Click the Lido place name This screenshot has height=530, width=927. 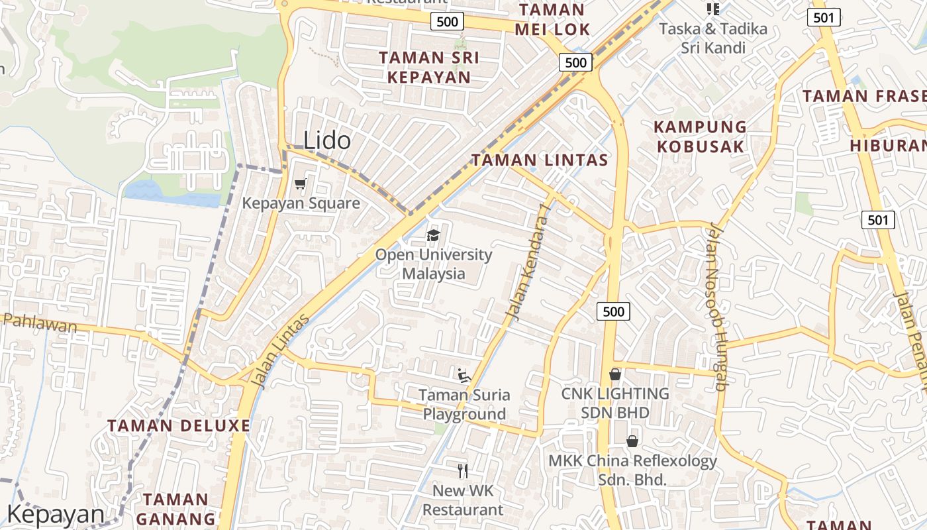tap(327, 140)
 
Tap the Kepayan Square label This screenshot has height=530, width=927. tap(301, 203)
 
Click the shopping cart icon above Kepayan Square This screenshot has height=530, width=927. tap(301, 184)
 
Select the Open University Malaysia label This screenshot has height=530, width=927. tap(434, 264)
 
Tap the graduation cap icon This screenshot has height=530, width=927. tap(433, 236)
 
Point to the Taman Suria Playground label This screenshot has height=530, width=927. tap(464, 404)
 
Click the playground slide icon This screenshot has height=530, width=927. tap(464, 376)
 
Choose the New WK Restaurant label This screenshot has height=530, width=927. tap(463, 500)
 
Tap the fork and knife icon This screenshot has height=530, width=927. tap(463, 471)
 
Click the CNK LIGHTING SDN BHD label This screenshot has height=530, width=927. tap(615, 403)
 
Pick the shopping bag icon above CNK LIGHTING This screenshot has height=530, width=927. tap(615, 375)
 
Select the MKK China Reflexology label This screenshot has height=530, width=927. tap(632, 470)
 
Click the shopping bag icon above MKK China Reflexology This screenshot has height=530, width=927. tap(632, 441)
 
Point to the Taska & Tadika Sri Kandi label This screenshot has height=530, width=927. tap(713, 38)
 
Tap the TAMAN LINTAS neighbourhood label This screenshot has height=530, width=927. tap(539, 160)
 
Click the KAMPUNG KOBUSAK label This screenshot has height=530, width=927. tap(701, 136)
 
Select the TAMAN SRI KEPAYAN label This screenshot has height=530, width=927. tap(429, 67)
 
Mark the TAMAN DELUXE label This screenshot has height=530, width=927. tap(179, 425)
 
